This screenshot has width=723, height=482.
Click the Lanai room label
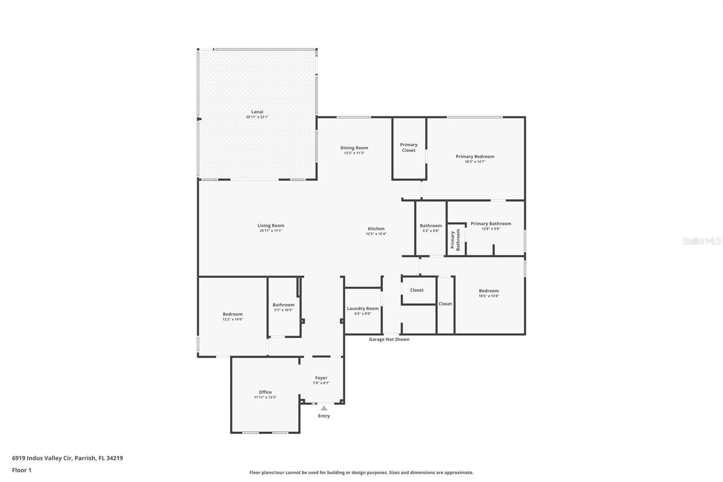pos(257,112)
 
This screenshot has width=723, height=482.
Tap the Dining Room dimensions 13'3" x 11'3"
pos(354,153)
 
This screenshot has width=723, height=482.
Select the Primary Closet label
pos(408,147)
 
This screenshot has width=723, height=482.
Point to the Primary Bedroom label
pos(474,156)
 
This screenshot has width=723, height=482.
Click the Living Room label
pos(271,226)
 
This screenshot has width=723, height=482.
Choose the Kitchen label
pos(376,229)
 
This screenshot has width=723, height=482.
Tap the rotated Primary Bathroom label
pos(455,240)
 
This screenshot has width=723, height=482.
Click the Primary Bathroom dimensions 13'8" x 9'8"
pos(491,229)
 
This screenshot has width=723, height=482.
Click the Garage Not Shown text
pos(389,340)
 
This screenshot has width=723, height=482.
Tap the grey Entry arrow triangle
pos(324,408)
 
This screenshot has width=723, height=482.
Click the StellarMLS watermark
pos(701,241)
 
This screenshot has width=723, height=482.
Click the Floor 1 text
pos(22,470)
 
